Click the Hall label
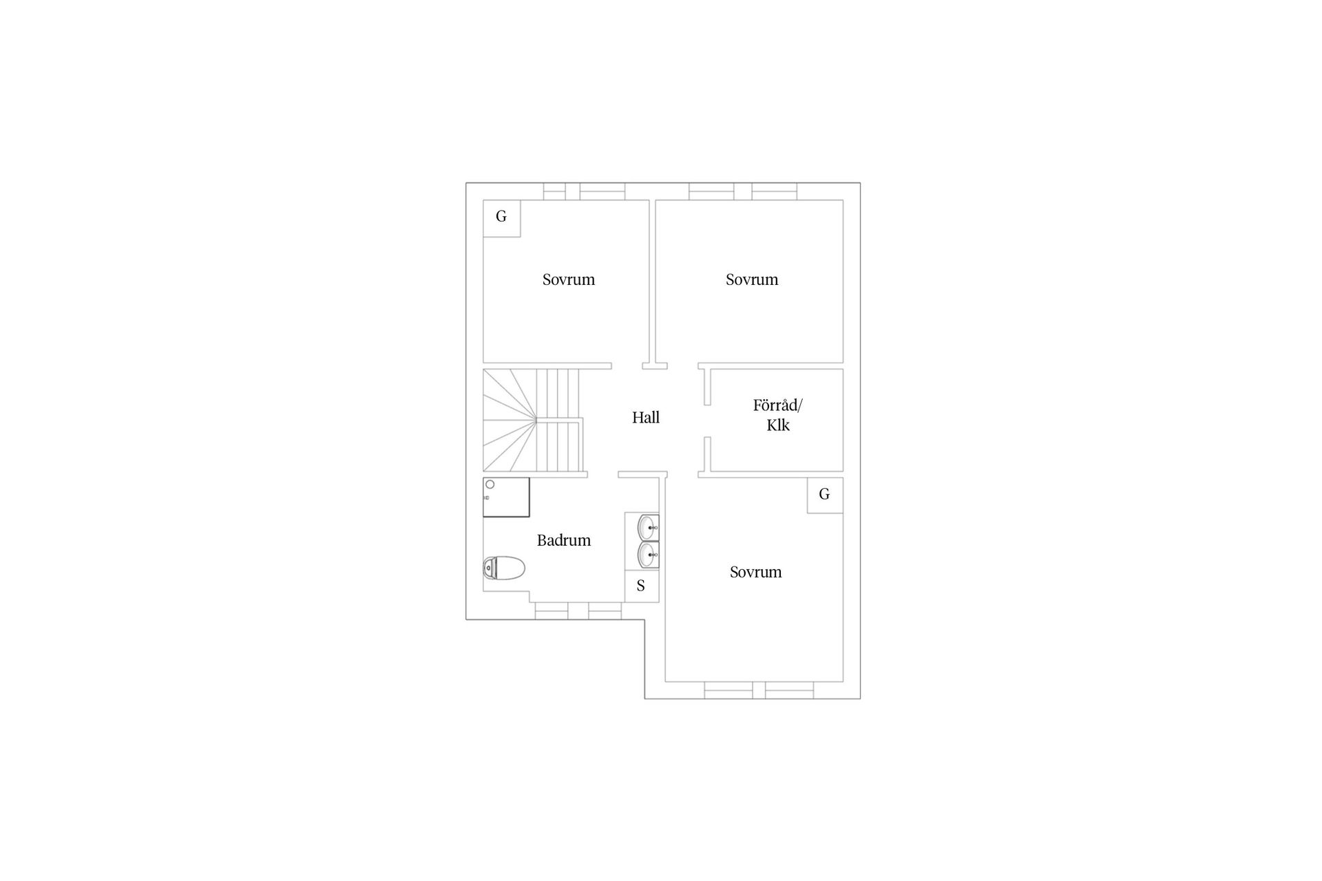(646, 417)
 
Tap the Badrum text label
(564, 540)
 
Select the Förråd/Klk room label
(778, 415)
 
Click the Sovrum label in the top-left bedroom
(569, 279)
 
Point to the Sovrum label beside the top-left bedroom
(752, 279)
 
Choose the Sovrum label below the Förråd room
(756, 572)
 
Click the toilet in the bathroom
(504, 569)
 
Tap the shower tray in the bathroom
(506, 497)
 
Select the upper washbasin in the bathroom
(649, 528)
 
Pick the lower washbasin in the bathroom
(649, 555)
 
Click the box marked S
(642, 586)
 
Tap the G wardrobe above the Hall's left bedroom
(501, 218)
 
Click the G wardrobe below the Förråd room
(825, 495)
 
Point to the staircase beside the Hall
(534, 421)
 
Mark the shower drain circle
(490, 485)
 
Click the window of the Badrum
(578, 611)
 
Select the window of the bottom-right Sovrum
(759, 690)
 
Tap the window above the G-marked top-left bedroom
(584, 191)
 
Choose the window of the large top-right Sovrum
(743, 191)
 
